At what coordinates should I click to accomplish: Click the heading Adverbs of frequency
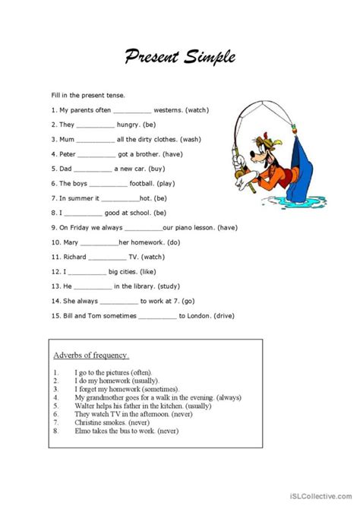point(91,355)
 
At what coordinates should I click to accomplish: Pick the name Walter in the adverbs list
point(85,406)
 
